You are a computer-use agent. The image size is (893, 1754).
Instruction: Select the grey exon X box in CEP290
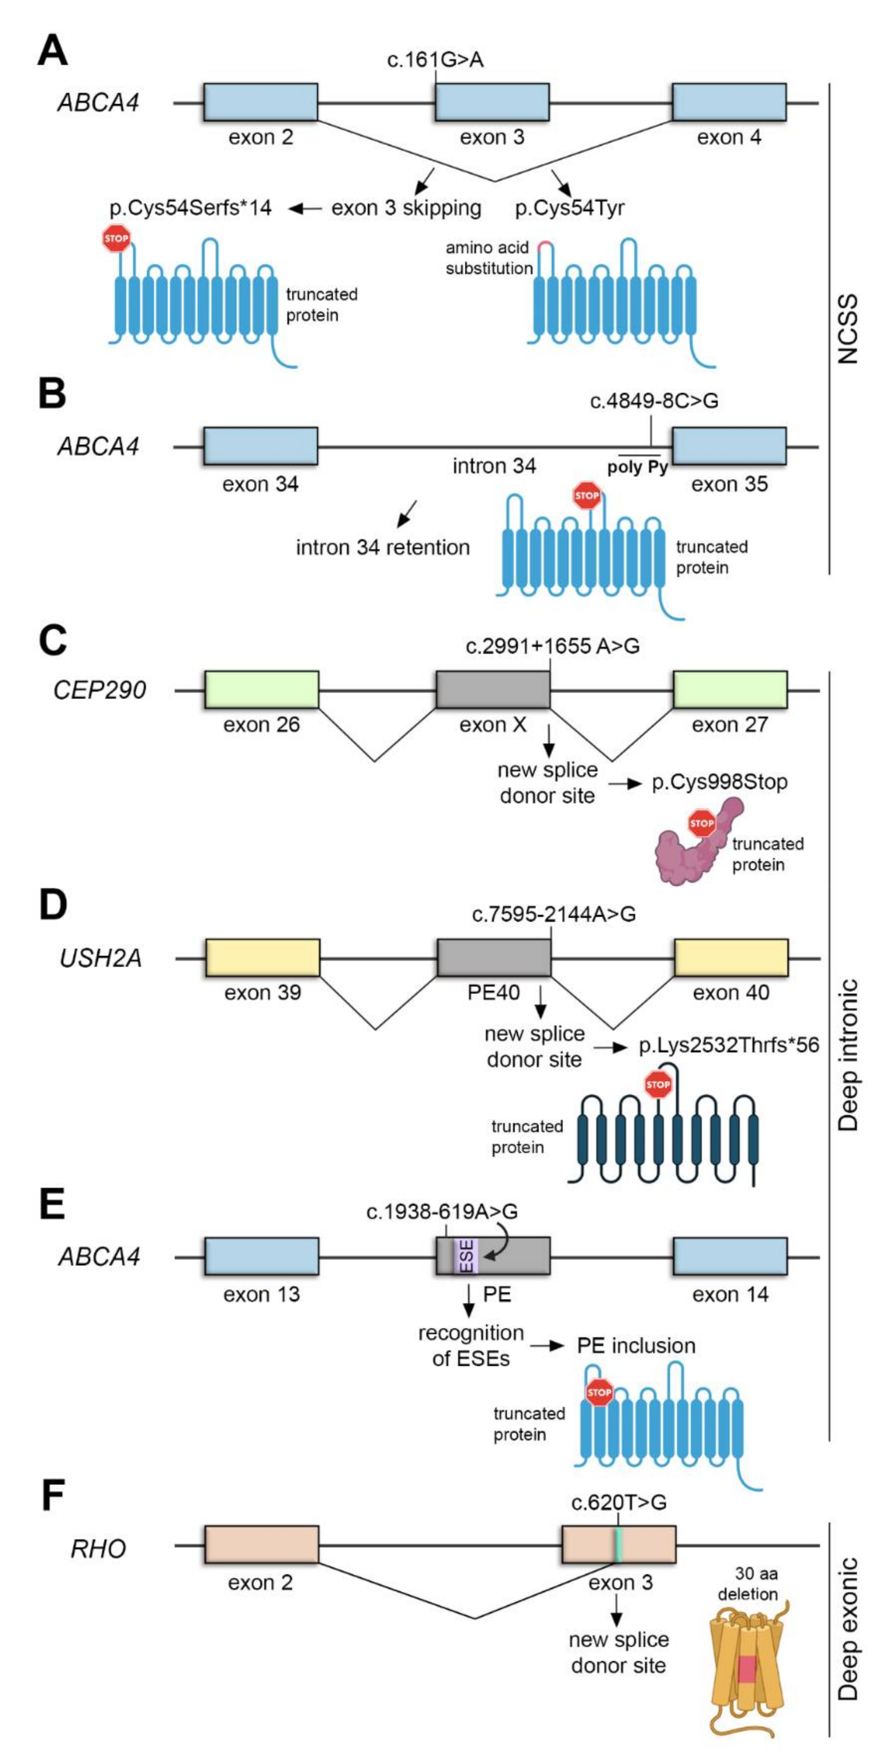492,690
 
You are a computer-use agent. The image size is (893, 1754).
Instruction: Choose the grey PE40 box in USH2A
493,957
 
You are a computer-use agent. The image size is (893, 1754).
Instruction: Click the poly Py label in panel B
637,468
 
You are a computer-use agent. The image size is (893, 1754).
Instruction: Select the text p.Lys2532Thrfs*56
728,1045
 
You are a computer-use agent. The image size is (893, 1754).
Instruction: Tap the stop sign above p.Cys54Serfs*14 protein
116,239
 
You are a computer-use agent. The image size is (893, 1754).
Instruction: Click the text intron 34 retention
383,547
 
